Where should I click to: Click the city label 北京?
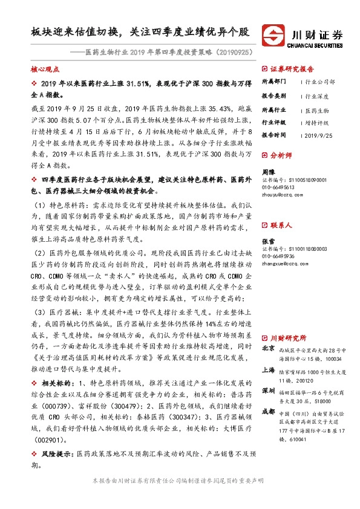coord(268,349)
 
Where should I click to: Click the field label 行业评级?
coord(273,122)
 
